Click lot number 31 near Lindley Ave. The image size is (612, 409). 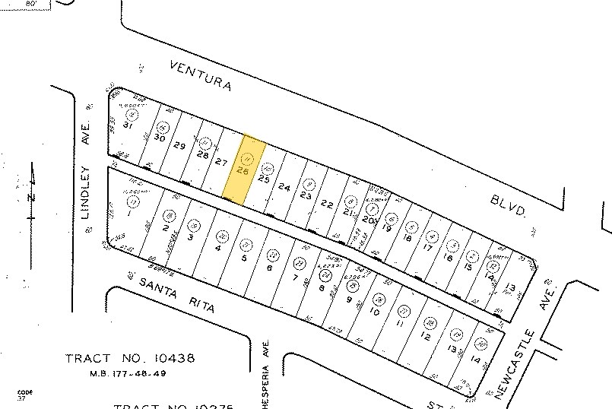pyautogui.click(x=127, y=126)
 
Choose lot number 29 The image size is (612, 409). pyautogui.click(x=180, y=146)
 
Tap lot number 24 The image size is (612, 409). pyautogui.click(x=284, y=186)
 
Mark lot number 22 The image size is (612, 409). pyautogui.click(x=327, y=203)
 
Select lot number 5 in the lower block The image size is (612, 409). pyautogui.click(x=244, y=258)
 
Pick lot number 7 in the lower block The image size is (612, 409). pyautogui.click(x=295, y=277)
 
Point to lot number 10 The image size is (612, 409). pyautogui.click(x=375, y=311)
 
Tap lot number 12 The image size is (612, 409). pyautogui.click(x=426, y=335)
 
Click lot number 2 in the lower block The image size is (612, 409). pyautogui.click(x=165, y=227)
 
